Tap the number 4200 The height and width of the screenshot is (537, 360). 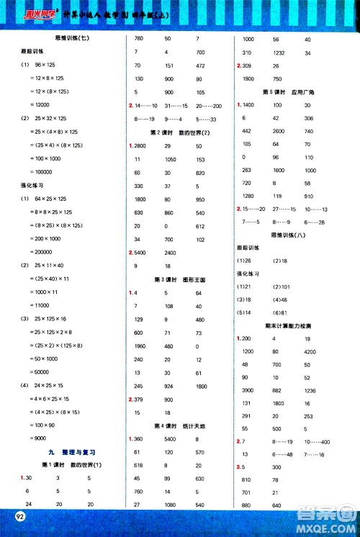pyautogui.click(x=310, y=351)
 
